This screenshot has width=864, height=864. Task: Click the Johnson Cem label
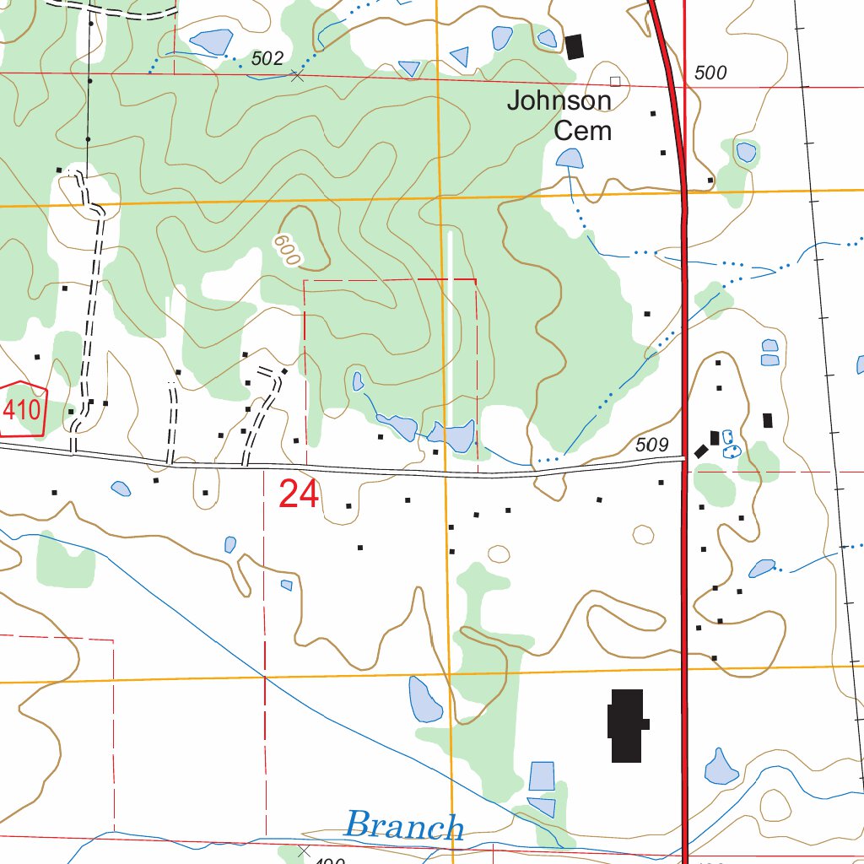559,116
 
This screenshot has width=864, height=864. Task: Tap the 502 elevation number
267,58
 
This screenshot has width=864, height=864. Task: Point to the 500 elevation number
710,73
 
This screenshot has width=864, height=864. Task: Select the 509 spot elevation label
651,445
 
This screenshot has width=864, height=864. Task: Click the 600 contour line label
287,250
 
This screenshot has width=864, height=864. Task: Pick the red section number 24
299,494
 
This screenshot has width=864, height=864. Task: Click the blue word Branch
404,826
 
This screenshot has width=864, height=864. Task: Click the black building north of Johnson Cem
575,46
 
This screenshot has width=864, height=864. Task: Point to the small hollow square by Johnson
615,81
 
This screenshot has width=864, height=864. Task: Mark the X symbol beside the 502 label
296,76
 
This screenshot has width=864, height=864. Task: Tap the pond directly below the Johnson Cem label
570,158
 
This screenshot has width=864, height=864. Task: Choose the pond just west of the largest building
424,700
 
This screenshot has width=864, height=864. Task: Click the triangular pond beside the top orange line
460,57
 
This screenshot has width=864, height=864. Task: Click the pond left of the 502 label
212,40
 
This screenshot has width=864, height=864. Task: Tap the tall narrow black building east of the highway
767,420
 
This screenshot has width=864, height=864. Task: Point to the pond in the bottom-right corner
721,767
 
